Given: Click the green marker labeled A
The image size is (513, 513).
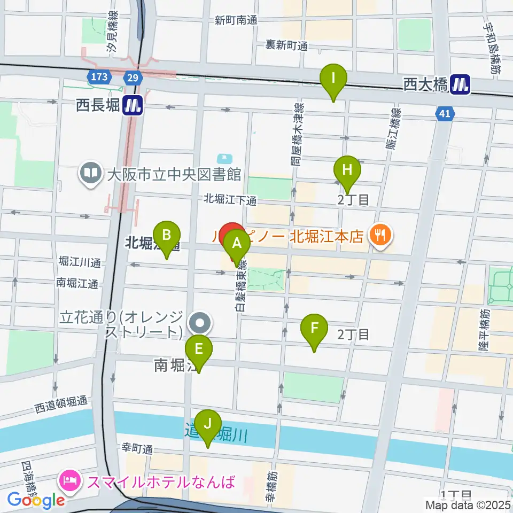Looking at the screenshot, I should pos(236,245).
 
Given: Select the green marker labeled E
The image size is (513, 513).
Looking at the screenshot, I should pos(199,349).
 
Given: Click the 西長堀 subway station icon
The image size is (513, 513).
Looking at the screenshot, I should pos(131,105).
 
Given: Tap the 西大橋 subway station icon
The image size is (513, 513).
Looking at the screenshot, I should pos(460,84).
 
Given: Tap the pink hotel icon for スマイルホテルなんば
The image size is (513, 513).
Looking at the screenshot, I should pos(70,481).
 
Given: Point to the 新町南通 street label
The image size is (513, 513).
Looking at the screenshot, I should pos(236,21).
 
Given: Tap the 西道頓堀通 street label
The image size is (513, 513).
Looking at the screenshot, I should pos(61,408).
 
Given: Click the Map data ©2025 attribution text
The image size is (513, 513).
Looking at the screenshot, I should pos(468,504).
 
